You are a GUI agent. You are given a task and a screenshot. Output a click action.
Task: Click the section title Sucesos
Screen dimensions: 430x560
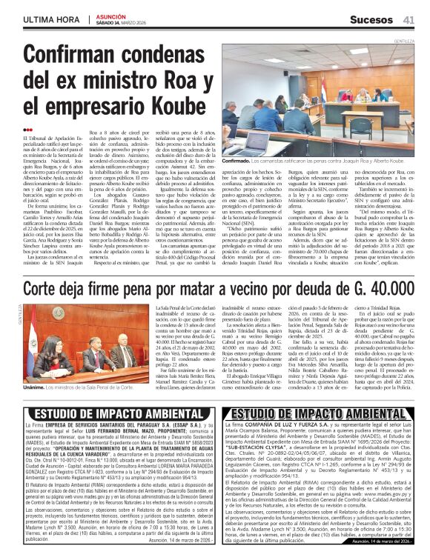(x=371, y=19)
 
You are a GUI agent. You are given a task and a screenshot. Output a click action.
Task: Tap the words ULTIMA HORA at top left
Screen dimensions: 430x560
(x=52, y=19)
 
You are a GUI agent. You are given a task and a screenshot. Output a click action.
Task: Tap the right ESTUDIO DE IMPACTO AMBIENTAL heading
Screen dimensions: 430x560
(x=318, y=413)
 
